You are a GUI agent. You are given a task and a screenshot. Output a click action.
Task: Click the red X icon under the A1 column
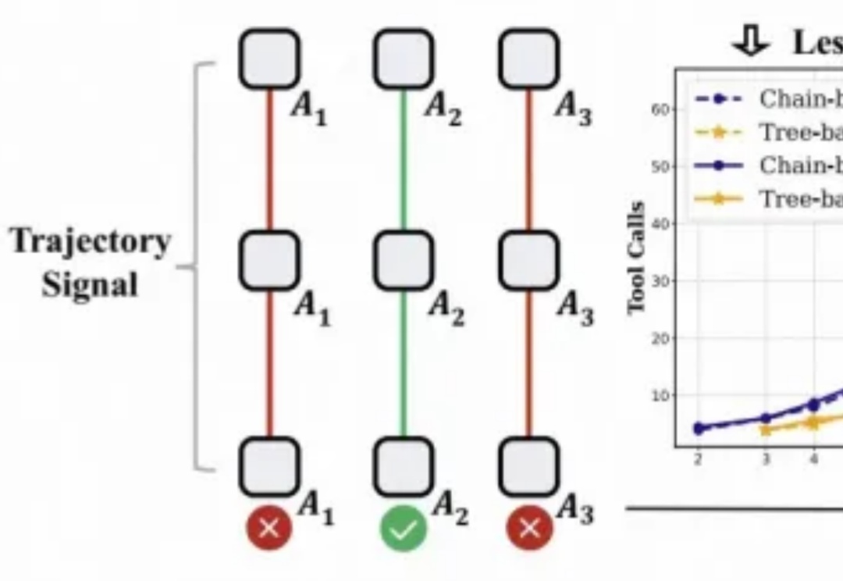269,528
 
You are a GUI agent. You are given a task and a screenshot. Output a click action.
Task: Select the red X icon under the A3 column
528,528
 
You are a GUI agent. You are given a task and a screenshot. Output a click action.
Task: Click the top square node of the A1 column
269,59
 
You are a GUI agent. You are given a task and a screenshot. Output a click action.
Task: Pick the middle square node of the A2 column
403,260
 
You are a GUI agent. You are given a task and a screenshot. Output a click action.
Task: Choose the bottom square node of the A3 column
528,466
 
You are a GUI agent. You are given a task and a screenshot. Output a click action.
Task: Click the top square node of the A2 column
403,59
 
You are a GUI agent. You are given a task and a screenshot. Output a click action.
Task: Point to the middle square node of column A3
528,260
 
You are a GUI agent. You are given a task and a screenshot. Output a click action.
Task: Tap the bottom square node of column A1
269,466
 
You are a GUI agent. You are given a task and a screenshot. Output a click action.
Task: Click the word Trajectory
91,242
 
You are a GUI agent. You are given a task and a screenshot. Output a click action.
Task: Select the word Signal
90,283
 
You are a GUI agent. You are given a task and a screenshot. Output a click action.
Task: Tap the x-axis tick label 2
698,460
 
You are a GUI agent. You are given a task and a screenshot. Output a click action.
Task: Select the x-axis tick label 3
766,460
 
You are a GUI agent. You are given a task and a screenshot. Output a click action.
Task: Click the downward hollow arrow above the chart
750,42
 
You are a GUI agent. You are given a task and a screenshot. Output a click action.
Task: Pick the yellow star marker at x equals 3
766,429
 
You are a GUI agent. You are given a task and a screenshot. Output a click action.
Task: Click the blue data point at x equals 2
699,428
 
